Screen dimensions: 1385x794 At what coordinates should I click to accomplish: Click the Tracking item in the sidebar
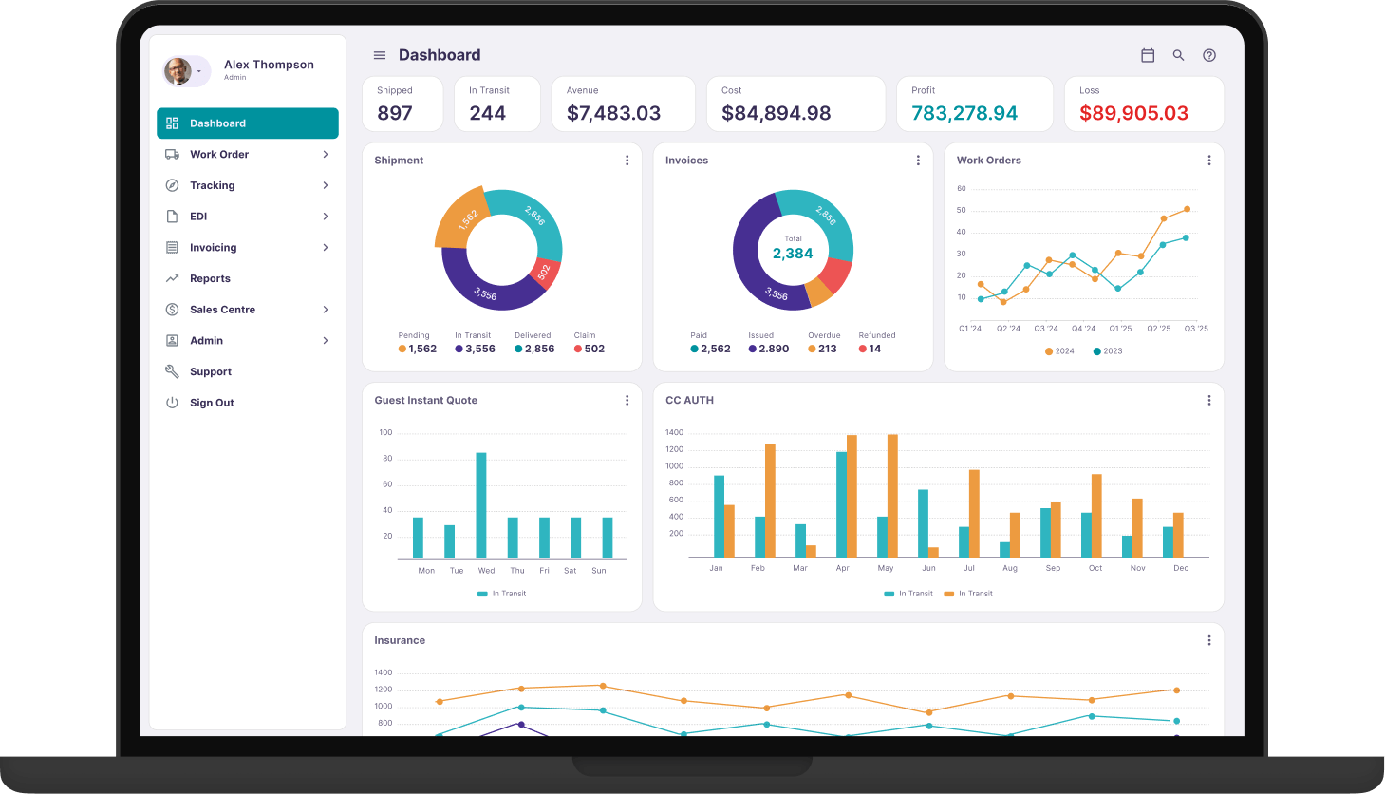[x=212, y=185]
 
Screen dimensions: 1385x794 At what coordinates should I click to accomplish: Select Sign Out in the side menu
[x=212, y=403]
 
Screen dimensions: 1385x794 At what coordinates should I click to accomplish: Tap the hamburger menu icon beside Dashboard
[x=380, y=56]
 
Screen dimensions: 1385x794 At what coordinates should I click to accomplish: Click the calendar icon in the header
[x=1148, y=56]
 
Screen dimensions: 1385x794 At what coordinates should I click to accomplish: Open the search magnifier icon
[x=1178, y=56]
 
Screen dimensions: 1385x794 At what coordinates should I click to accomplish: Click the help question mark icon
[x=1209, y=56]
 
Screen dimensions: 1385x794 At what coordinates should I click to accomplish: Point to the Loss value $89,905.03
[x=1133, y=113]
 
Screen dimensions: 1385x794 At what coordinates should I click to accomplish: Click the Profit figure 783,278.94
[x=964, y=113]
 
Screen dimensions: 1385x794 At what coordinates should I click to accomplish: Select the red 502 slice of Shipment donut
[x=545, y=272]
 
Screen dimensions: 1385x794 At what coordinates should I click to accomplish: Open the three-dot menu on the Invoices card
[x=918, y=161]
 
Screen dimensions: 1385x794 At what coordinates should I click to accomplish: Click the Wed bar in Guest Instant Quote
[x=481, y=506]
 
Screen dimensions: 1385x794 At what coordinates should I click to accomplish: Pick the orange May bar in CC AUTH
[x=892, y=496]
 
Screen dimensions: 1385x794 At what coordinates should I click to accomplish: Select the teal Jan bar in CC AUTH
[x=719, y=517]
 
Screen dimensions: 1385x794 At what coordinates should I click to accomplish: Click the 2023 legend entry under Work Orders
[x=1108, y=351]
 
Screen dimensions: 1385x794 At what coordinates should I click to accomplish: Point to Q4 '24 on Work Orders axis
[x=1082, y=329]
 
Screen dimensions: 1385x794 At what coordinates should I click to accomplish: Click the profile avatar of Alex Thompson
[x=178, y=71]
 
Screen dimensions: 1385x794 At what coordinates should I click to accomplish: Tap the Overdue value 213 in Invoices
[x=827, y=349]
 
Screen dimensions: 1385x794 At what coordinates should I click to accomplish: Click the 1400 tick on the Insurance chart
[x=384, y=672]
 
